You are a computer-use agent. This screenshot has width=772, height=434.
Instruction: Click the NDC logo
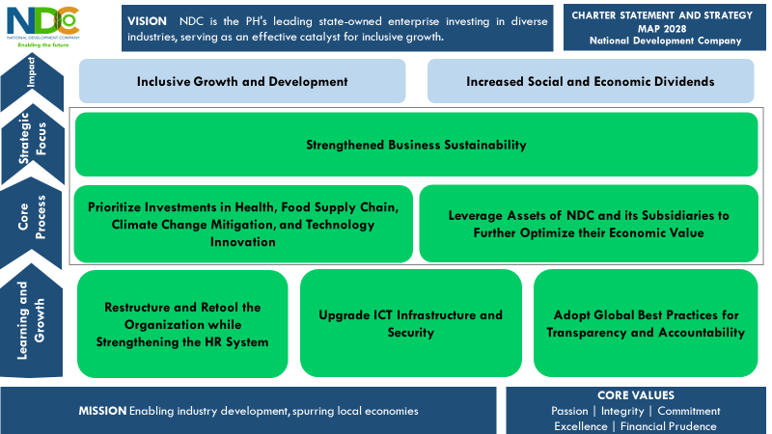pyautogui.click(x=43, y=27)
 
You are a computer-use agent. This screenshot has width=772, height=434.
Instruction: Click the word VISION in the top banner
pyautogui.click(x=147, y=21)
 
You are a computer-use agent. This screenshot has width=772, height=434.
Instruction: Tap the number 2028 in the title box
pyautogui.click(x=674, y=29)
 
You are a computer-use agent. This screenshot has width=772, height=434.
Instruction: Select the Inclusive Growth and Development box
pyautogui.click(x=242, y=81)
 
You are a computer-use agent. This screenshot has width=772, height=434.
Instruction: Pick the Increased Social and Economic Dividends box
pyautogui.click(x=591, y=81)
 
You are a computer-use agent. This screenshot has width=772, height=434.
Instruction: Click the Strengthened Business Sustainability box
pyautogui.click(x=417, y=145)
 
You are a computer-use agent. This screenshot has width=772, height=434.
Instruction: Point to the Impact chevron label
pyautogui.click(x=32, y=71)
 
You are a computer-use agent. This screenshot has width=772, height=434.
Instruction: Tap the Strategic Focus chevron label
pyautogui.click(x=33, y=138)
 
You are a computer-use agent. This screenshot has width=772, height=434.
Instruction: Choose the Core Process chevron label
pyautogui.click(x=32, y=217)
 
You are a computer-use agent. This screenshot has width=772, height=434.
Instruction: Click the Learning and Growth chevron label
pyautogui.click(x=31, y=320)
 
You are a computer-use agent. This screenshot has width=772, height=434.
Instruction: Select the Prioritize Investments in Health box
pyautogui.click(x=243, y=224)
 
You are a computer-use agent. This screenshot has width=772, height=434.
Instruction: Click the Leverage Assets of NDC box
pyautogui.click(x=589, y=224)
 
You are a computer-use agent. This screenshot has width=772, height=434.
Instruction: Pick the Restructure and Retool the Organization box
pyautogui.click(x=182, y=324)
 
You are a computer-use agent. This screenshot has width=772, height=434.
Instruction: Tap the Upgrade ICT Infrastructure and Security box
pyautogui.click(x=411, y=323)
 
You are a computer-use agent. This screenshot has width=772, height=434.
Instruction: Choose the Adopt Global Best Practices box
pyautogui.click(x=646, y=323)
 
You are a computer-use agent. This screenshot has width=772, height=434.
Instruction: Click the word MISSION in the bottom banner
pyautogui.click(x=102, y=411)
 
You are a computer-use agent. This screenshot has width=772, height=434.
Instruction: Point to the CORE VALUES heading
pyautogui.click(x=636, y=395)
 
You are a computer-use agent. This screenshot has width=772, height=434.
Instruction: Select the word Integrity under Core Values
pyautogui.click(x=622, y=411)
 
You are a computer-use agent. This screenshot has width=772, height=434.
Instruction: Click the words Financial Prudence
pyautogui.click(x=668, y=426)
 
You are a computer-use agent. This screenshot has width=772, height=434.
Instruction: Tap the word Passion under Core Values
pyautogui.click(x=569, y=411)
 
